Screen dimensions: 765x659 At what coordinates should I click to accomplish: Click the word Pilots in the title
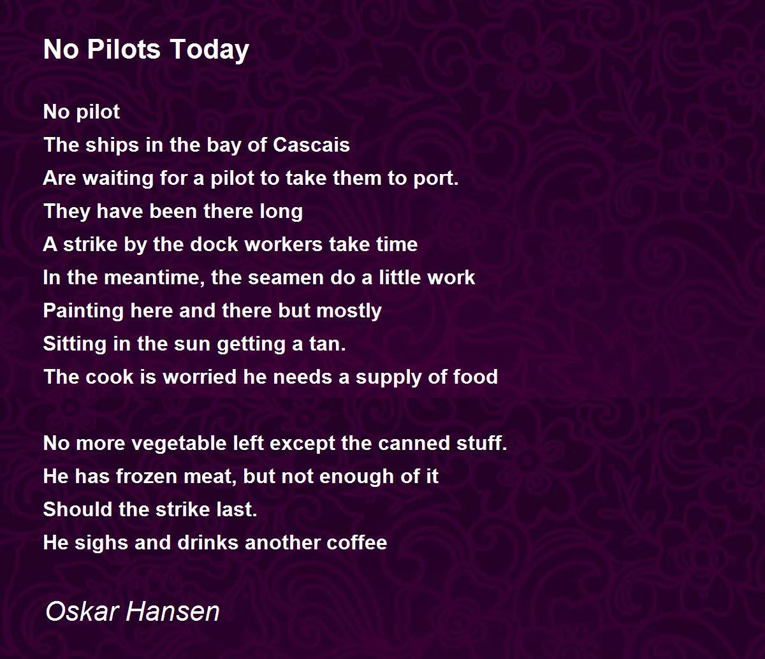[124, 49]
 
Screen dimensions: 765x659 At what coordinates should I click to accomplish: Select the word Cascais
[311, 145]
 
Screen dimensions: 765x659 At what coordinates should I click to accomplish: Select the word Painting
[83, 312]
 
